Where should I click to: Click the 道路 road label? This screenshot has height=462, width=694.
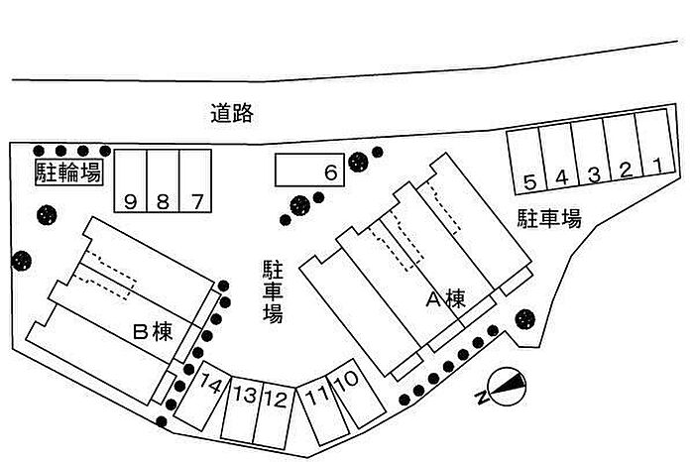point(233,113)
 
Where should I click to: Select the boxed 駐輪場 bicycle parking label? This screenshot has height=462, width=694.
point(68,173)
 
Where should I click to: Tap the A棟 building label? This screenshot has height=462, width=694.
point(445,298)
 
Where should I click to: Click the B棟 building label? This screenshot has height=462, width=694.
point(153,333)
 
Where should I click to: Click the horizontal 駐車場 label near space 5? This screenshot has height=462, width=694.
point(548,219)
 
